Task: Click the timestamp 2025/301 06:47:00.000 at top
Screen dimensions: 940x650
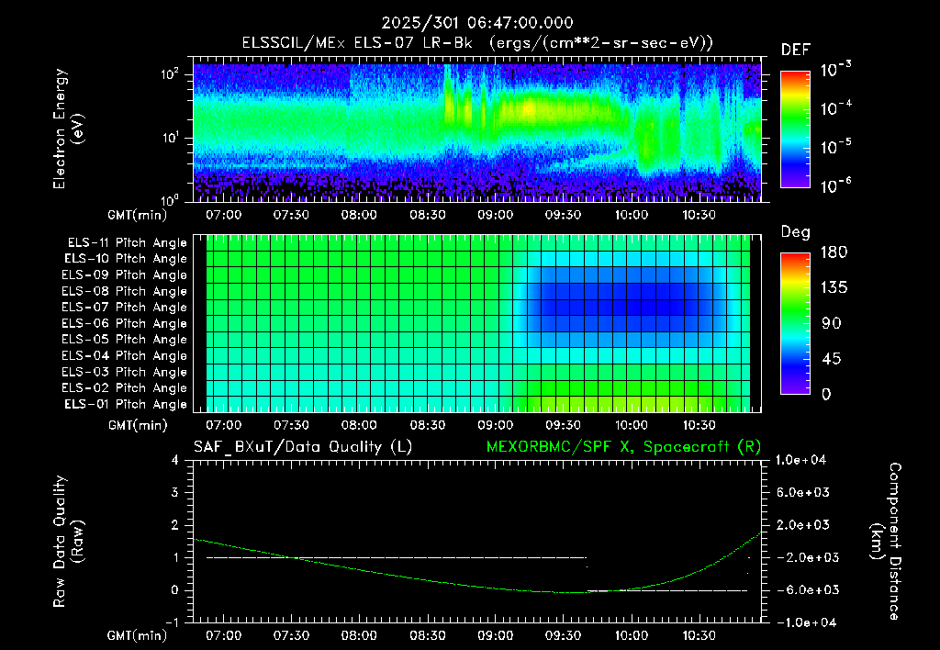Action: [x=477, y=23]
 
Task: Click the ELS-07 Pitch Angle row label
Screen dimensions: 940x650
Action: [x=124, y=307]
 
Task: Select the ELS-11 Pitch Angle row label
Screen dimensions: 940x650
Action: [x=127, y=243]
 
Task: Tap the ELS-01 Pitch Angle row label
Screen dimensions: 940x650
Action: [x=125, y=404]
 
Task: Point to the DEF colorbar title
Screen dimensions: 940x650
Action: [x=796, y=50]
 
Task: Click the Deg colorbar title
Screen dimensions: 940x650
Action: [x=796, y=232]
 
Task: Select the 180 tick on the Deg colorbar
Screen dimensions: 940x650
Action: [x=834, y=252]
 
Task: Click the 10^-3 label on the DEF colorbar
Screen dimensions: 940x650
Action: [x=835, y=70]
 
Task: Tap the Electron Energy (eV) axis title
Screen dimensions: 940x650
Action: [x=67, y=129]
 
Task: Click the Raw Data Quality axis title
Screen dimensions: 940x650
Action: [x=67, y=542]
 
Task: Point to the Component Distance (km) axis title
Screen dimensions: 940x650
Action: [x=886, y=542]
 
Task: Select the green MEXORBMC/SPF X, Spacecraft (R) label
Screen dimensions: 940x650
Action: [x=623, y=447]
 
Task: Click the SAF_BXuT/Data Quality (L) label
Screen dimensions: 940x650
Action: [x=303, y=447]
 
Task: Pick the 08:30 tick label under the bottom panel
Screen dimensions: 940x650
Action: [x=427, y=635]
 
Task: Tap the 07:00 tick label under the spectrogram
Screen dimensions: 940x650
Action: [x=224, y=215]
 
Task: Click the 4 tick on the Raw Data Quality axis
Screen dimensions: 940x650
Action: [x=175, y=460]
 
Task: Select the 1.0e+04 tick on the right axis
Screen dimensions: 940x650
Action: [x=801, y=460]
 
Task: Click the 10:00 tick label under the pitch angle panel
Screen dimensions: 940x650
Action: [x=631, y=425]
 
